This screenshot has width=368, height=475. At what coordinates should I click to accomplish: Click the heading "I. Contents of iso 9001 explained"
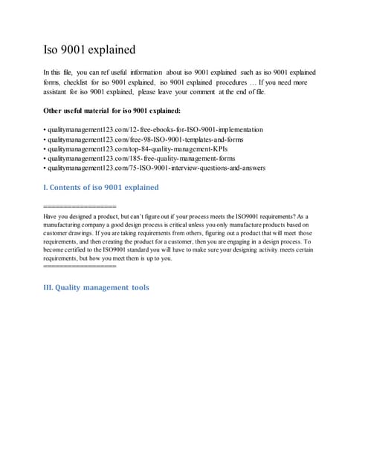coord(101,188)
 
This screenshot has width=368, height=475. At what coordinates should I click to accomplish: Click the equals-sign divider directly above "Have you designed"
coord(80,206)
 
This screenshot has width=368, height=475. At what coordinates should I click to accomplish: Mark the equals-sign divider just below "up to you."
coord(80,266)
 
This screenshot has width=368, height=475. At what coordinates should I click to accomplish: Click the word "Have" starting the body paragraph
coord(52,215)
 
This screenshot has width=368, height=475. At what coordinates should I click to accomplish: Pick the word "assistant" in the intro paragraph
coord(60,92)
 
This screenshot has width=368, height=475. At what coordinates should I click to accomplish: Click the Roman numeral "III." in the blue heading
coord(50,287)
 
